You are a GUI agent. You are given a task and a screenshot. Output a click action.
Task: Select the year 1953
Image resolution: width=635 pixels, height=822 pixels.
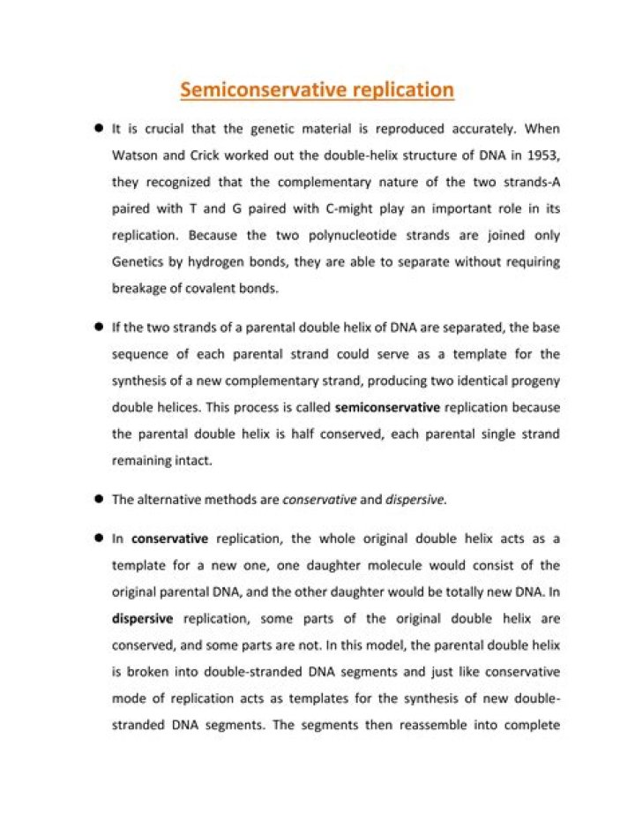tap(540, 156)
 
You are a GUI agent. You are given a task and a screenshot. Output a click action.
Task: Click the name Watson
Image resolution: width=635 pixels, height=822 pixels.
tap(135, 156)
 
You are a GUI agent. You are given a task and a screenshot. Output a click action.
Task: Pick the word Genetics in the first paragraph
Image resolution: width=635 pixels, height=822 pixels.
tap(139, 262)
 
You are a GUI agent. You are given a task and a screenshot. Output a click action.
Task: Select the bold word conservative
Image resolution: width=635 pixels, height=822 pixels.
tap(169, 539)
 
